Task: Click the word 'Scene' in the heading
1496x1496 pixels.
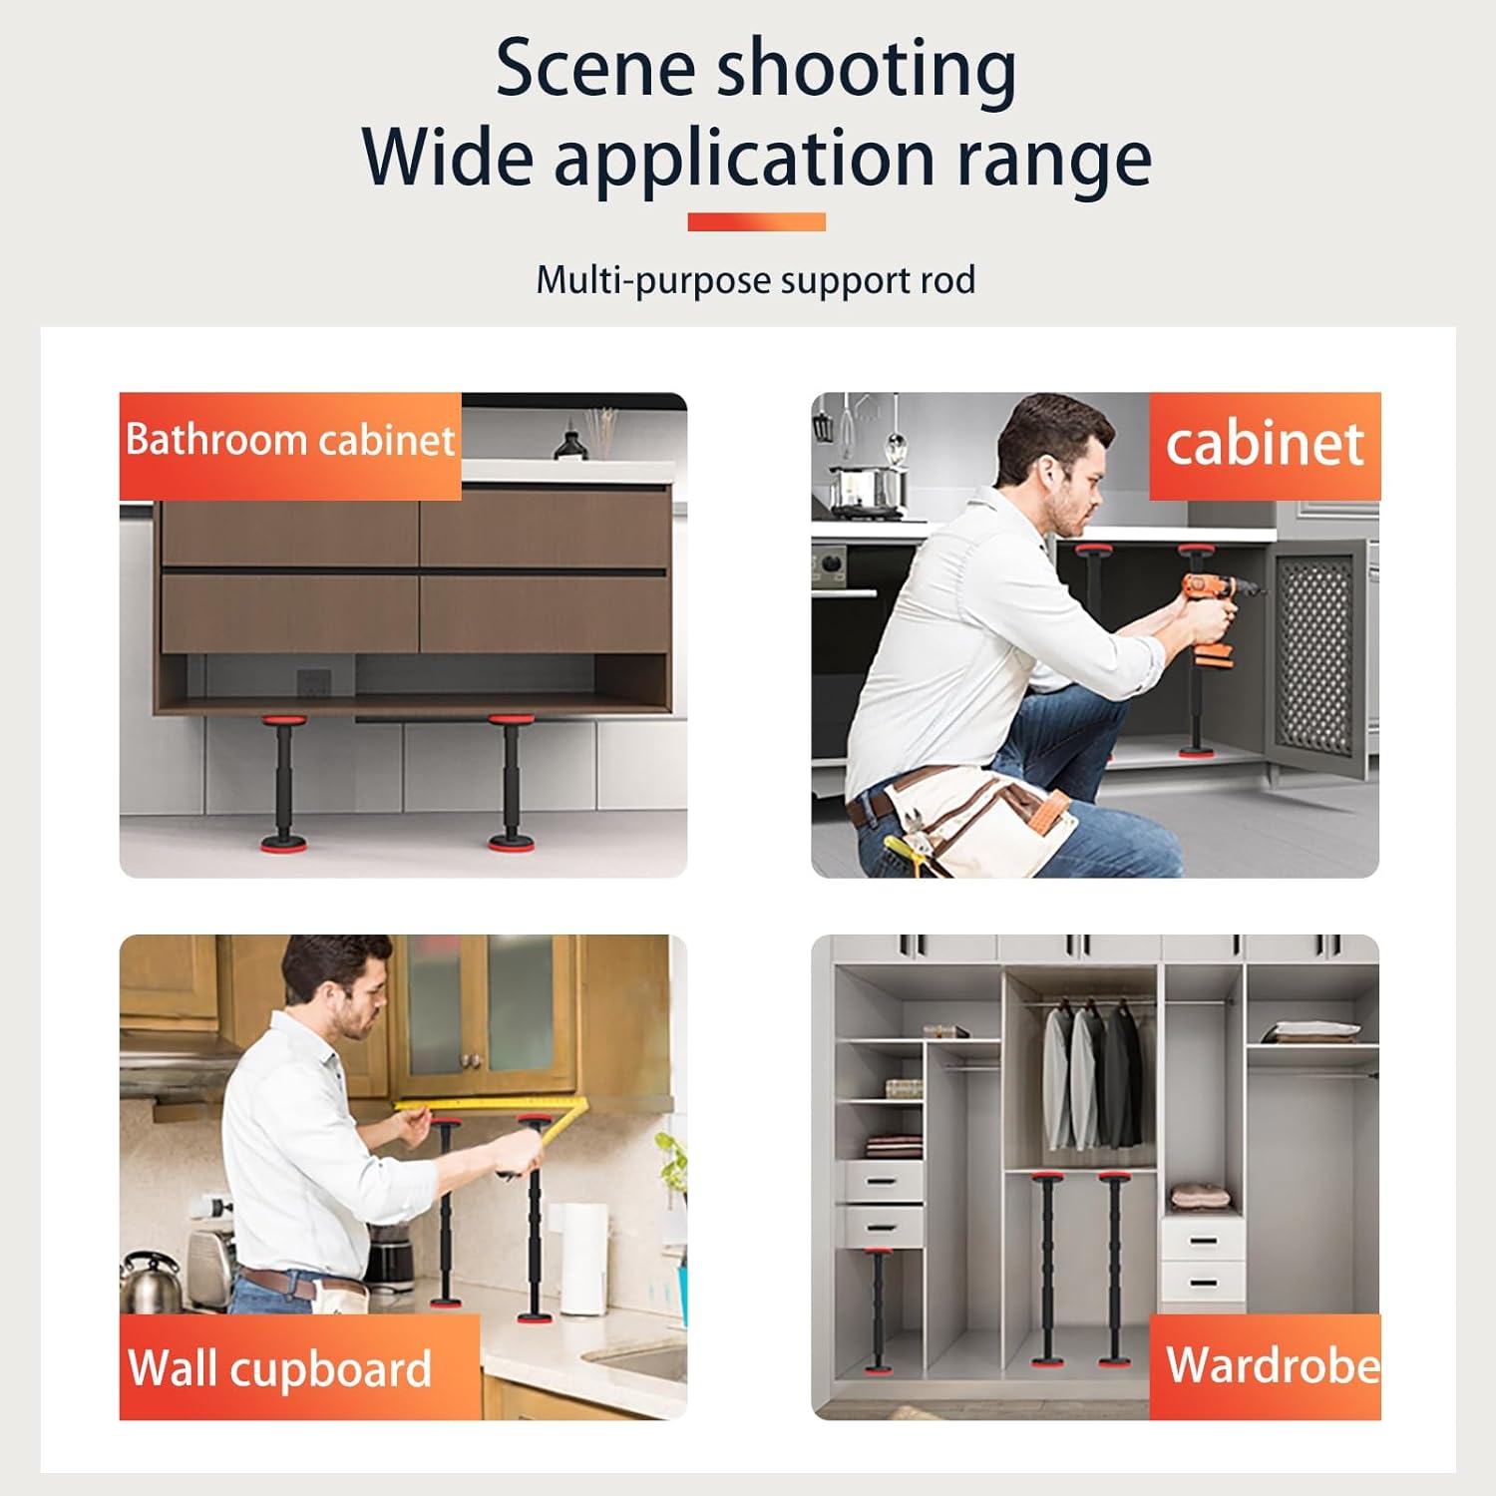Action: point(594,68)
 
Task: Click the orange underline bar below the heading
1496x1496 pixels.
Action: point(756,221)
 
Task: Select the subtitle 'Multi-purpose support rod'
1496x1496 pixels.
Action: point(756,280)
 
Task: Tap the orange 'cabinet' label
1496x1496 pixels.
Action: point(1264,445)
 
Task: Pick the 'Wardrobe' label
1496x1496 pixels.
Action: point(1271,1365)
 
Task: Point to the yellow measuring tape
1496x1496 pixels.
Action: point(489,1105)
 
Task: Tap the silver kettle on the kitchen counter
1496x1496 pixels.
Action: point(150,1282)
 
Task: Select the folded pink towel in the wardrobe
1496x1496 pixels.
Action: point(1201,1196)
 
